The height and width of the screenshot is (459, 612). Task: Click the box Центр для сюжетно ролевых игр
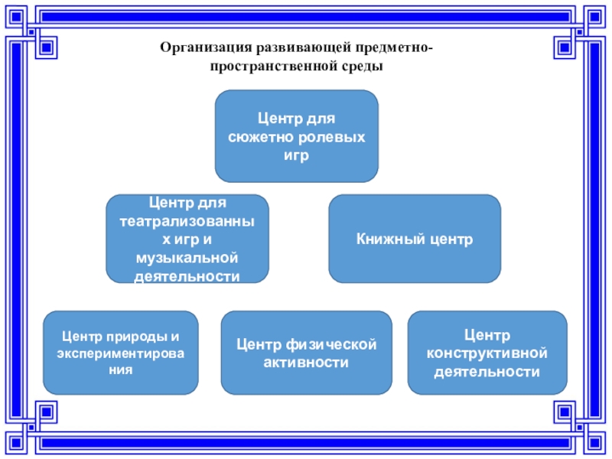[297, 136]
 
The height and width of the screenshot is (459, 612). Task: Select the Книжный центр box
[415, 239]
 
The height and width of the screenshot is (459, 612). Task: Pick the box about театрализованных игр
[187, 239]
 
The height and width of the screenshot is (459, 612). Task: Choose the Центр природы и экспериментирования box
[120, 352]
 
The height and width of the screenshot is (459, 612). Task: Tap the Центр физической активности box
[306, 353]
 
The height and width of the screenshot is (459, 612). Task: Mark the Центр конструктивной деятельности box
[487, 353]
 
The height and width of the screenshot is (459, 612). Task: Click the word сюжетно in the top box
[256, 137]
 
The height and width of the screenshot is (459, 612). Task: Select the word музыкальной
[187, 258]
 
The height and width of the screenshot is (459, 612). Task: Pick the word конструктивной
[487, 353]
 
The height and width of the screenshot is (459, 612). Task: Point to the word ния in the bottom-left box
[120, 369]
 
